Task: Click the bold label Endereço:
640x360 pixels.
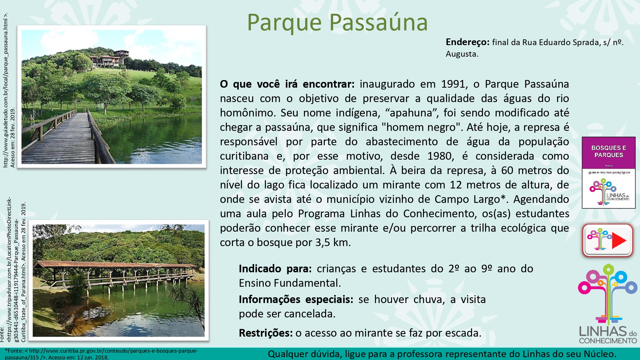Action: [468, 42]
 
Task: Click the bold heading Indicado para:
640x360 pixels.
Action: [275, 268]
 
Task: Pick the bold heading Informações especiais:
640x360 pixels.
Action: [296, 299]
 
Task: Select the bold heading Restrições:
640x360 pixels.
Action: [266, 333]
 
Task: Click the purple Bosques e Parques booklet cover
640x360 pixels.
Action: [609, 172]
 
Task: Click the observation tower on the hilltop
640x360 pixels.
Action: [122, 57]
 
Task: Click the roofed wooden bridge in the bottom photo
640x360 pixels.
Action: [117, 275]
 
